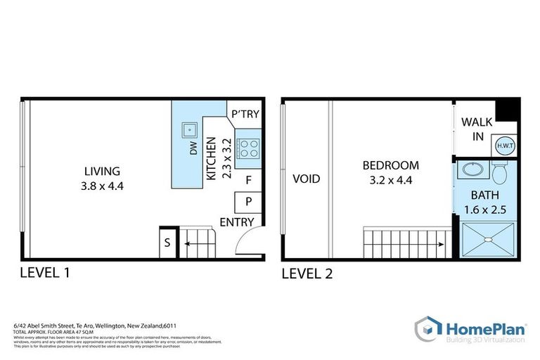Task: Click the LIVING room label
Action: tap(102, 171)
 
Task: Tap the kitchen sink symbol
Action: tap(189, 130)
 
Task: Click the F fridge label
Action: tap(248, 180)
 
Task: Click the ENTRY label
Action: tap(237, 222)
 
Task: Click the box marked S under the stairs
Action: tap(167, 243)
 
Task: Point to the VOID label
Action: tap(306, 179)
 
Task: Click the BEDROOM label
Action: tap(390, 166)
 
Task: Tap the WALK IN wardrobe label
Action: tap(477, 129)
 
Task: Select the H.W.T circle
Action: tap(504, 146)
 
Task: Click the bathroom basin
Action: tap(470, 169)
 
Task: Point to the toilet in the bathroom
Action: tap(500, 172)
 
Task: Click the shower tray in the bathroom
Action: tap(488, 240)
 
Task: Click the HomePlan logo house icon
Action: tap(427, 329)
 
